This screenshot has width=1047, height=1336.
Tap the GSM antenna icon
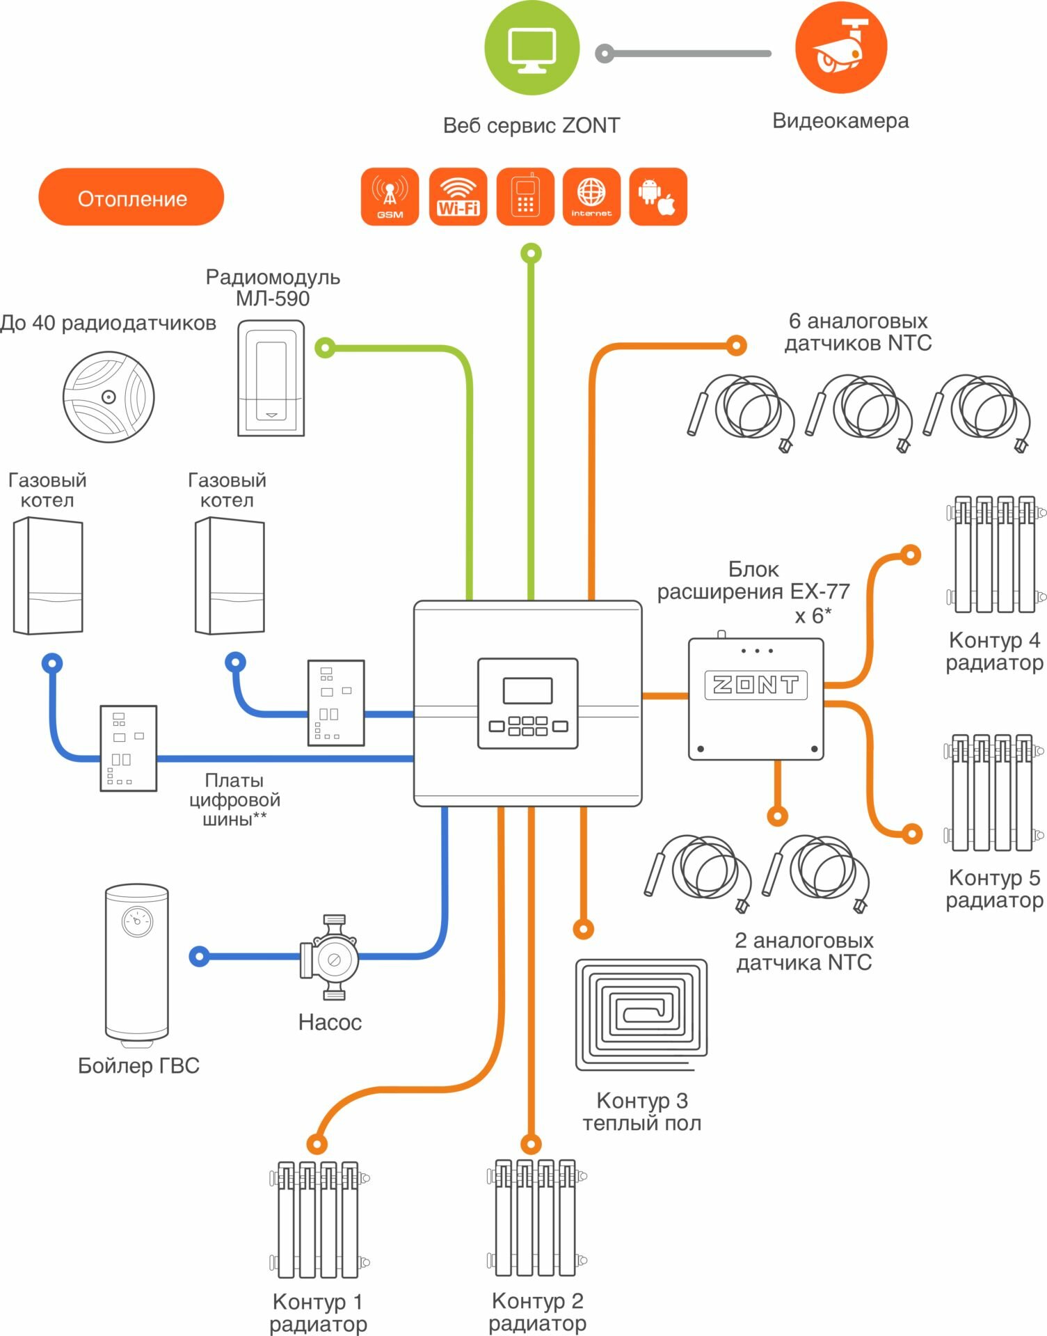pos(390,196)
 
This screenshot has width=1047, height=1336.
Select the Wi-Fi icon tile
pos(458,196)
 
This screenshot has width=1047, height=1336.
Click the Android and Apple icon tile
pos(657,196)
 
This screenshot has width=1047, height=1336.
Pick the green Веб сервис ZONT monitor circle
pos(532,49)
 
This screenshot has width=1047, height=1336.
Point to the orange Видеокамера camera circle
pos(840,47)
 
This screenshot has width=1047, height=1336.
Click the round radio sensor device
pos(109,397)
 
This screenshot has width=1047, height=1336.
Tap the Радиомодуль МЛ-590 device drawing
pos(271,378)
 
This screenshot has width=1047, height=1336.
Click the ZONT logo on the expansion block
pos(756,685)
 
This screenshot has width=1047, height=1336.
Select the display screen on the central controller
pos(527,690)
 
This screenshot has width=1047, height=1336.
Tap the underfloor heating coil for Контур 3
pos(641,1015)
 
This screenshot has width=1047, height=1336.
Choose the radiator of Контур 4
pos(995,555)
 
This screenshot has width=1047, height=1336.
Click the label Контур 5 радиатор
pos(994,889)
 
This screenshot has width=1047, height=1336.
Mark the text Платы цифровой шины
pos(234,800)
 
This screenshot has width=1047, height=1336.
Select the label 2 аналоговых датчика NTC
pos(804,951)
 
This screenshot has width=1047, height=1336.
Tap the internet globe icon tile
pos(591,196)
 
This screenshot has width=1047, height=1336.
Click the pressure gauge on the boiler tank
pos(137,921)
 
